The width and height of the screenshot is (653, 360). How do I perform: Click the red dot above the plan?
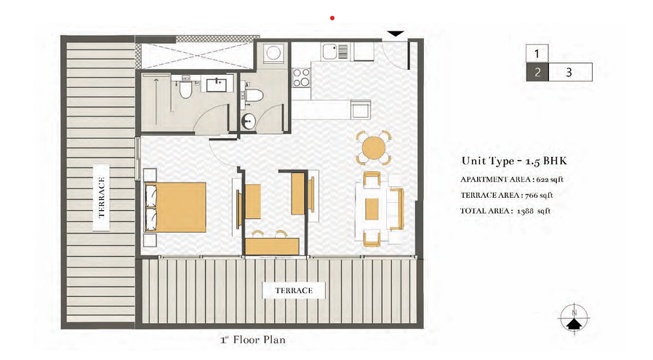coord(332,18)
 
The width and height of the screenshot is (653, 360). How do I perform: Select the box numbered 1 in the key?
coord(537,53)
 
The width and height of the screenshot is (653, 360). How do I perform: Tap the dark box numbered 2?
coord(537,72)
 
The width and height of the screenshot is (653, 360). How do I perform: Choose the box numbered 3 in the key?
coord(570,72)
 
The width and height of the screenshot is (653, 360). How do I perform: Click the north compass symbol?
coord(574,319)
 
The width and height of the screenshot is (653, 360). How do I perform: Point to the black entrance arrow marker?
coord(395,33)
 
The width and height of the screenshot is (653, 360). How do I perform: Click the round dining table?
coord(374,148)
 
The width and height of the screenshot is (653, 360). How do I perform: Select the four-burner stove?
coord(301,77)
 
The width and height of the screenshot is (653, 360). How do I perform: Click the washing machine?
coord(273,53)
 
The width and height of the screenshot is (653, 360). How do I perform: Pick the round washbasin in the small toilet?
coord(249,121)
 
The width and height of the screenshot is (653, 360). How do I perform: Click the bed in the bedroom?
coord(175,207)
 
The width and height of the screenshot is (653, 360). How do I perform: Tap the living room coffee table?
coord(372,209)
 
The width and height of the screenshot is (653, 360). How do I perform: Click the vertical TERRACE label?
coord(101,198)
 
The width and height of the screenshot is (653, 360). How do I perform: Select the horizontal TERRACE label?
coord(294,290)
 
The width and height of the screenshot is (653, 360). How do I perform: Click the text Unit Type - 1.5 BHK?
coord(514,161)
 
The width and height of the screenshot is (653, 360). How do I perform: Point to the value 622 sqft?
coord(550,180)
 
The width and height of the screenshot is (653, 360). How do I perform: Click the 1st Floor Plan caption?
coord(253,340)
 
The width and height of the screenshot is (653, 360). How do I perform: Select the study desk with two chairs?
coord(272,242)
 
